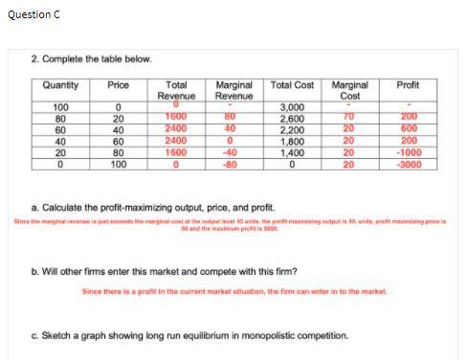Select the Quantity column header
[62, 85]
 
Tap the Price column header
[120, 85]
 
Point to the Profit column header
[408, 85]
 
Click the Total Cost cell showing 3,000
[292, 107]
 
